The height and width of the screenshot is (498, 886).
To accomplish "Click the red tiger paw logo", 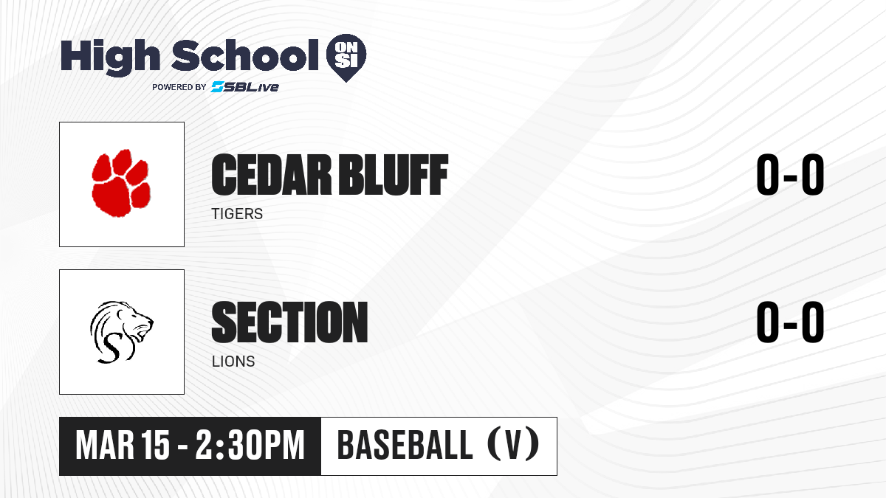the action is (x=121, y=183).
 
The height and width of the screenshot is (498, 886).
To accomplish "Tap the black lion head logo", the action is (x=121, y=332).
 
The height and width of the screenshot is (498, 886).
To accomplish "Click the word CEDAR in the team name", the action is (x=271, y=175).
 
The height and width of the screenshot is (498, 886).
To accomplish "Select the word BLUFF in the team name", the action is (x=394, y=175).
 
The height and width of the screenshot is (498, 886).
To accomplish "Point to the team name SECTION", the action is (x=289, y=322).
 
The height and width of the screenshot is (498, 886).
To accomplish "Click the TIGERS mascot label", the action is (x=237, y=214).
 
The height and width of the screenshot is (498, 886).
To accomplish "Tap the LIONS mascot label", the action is (x=233, y=362).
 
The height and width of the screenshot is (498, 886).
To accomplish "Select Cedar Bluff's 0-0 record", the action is (x=790, y=175).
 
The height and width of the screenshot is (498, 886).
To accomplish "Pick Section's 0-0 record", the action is (x=790, y=322).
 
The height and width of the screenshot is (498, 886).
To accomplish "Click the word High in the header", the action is (x=110, y=57).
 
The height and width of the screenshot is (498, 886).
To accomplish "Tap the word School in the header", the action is (x=245, y=55).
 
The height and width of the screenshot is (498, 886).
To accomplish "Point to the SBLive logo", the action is (x=244, y=87).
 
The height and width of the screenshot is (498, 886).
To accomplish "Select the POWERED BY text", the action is (x=179, y=87).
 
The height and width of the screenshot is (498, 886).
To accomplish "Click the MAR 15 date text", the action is (x=123, y=446).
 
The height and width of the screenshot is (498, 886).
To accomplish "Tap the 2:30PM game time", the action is (x=250, y=446).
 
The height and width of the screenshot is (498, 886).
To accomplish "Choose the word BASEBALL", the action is (x=405, y=446).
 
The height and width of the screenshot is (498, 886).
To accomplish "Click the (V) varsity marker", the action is (x=513, y=446).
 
